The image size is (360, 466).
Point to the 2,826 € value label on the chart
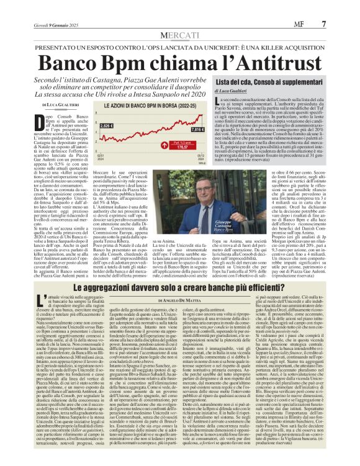[x=107, y=125]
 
